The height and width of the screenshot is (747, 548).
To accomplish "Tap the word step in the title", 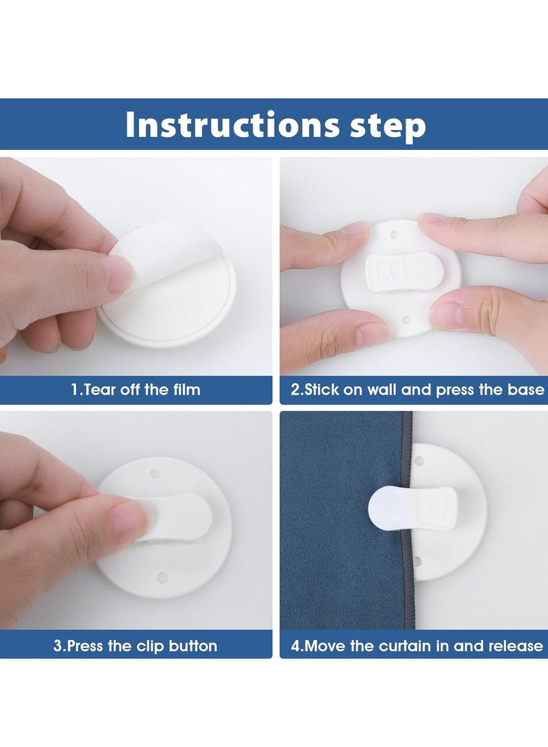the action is click(x=388, y=126).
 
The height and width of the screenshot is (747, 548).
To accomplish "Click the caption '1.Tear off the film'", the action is click(x=136, y=390).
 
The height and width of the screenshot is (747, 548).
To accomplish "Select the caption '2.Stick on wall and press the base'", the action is click(x=417, y=390).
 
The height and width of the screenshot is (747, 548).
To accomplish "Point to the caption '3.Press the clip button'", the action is click(x=136, y=646).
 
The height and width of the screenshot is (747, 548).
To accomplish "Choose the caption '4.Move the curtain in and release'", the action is click(x=417, y=646).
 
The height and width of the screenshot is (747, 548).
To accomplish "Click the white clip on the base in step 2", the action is click(x=404, y=273).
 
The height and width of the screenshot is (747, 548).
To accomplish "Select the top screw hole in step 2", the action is click(x=395, y=235).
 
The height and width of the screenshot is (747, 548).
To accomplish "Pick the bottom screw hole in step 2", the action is click(x=406, y=319).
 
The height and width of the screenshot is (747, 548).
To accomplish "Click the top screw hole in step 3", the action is click(x=155, y=474).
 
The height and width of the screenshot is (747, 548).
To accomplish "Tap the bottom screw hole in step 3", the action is click(x=162, y=578).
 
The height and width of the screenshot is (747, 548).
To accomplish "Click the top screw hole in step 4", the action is click(x=419, y=461).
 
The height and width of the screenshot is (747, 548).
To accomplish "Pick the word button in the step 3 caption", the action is click(x=193, y=646).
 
